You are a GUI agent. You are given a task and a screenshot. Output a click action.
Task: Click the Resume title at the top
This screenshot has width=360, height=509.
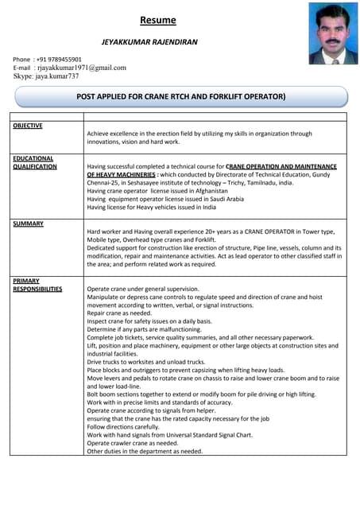coord(158,20)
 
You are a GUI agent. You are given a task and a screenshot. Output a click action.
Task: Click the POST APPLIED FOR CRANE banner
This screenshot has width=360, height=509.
coord(180,96)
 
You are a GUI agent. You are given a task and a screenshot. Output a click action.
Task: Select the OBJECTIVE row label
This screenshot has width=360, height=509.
coord(28,126)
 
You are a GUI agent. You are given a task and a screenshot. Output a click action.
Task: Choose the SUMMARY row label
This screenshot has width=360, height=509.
coord(28,224)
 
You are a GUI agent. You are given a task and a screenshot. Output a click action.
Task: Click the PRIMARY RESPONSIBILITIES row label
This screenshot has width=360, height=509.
coord(37,285)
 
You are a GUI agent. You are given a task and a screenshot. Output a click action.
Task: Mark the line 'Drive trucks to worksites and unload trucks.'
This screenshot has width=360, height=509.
coord(146,362)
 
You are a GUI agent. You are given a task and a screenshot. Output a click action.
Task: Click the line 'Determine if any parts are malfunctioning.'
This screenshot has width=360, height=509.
coord(144,329)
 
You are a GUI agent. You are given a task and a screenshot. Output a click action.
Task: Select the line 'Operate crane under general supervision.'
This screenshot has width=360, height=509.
coord(143,289)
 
